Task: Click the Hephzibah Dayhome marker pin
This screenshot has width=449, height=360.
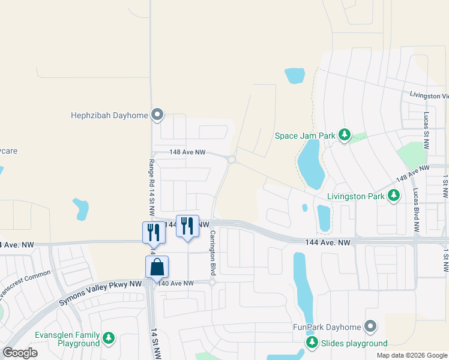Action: pos(157,114)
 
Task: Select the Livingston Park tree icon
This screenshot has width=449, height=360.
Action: pos(394,195)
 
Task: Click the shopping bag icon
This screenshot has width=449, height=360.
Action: pos(157,267)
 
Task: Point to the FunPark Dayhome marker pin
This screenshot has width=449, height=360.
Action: pos(370,326)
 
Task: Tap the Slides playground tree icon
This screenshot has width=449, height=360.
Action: pos(312,343)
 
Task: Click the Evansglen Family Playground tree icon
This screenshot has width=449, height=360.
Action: pos(109,338)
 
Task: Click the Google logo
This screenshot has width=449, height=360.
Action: pos(20,353)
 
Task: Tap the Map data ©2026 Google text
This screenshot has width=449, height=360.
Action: pos(411,355)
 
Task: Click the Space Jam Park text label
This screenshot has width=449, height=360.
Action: pos(305,136)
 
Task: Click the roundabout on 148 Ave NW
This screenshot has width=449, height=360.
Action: pos(232,160)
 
